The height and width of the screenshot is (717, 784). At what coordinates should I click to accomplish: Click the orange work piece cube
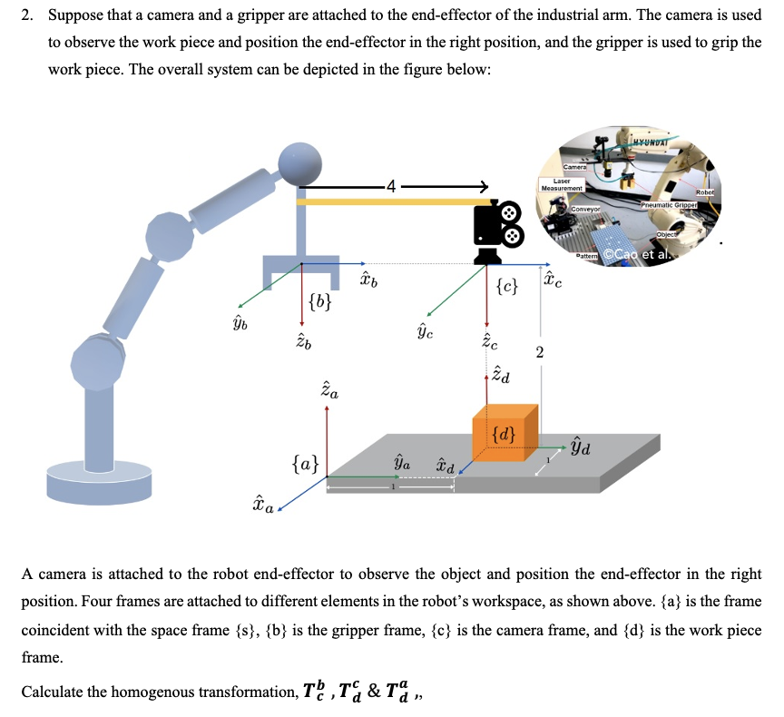pos(505,436)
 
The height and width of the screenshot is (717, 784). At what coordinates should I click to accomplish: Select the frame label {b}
pos(318,301)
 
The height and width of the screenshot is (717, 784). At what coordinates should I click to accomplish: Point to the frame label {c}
pos(508,288)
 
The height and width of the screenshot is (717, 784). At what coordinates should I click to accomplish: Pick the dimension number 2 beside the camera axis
pos(539,353)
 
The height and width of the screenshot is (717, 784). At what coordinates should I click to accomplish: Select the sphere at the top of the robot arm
pos(300,163)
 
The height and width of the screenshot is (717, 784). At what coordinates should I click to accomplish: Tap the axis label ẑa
pos(330,392)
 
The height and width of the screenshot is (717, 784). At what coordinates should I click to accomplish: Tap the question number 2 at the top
pos(27,15)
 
